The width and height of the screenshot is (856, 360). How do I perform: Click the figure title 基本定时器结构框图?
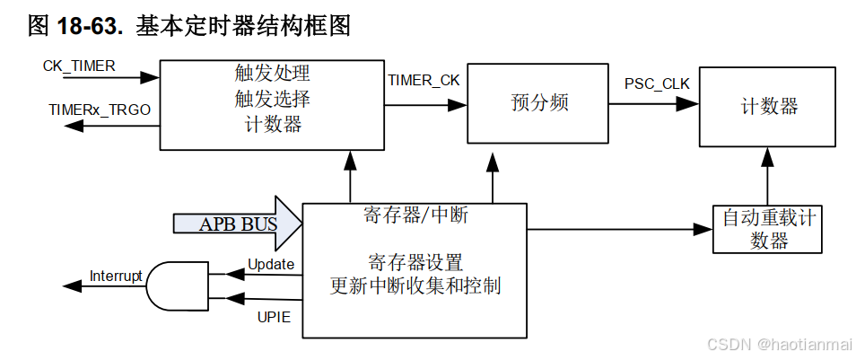pyautogui.click(x=242, y=26)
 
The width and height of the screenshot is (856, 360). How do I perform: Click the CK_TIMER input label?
pyautogui.click(x=79, y=66)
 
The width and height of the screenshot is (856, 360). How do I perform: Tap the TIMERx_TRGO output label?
pyautogui.click(x=99, y=110)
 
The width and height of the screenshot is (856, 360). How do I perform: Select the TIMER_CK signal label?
pyautogui.click(x=424, y=80)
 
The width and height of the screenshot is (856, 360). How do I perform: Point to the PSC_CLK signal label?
pyautogui.click(x=657, y=84)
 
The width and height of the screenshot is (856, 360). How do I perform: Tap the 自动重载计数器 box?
pyautogui.click(x=768, y=228)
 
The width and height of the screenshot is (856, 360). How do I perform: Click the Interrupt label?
pyautogui.click(x=116, y=276)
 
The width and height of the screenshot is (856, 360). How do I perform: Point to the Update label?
pyautogui.click(x=270, y=265)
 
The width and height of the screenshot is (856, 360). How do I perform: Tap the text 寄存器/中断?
pyautogui.click(x=415, y=215)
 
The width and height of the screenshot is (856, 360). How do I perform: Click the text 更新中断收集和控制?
pyautogui.click(x=415, y=286)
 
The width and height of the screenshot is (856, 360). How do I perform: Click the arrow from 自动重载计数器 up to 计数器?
pyautogui.click(x=767, y=176)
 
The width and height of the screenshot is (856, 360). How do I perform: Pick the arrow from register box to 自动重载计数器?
pyautogui.click(x=619, y=229)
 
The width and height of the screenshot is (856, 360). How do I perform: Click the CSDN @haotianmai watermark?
pyautogui.click(x=777, y=344)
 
